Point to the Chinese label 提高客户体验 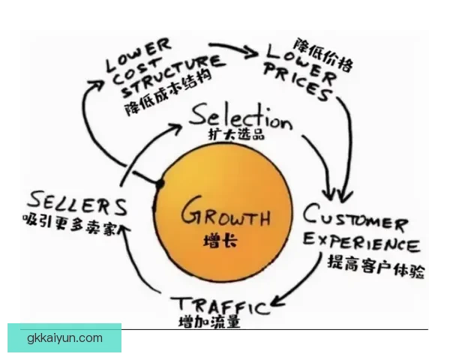tap(375, 265)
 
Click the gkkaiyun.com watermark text tap(65, 338)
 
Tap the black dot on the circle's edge tap(160, 183)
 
